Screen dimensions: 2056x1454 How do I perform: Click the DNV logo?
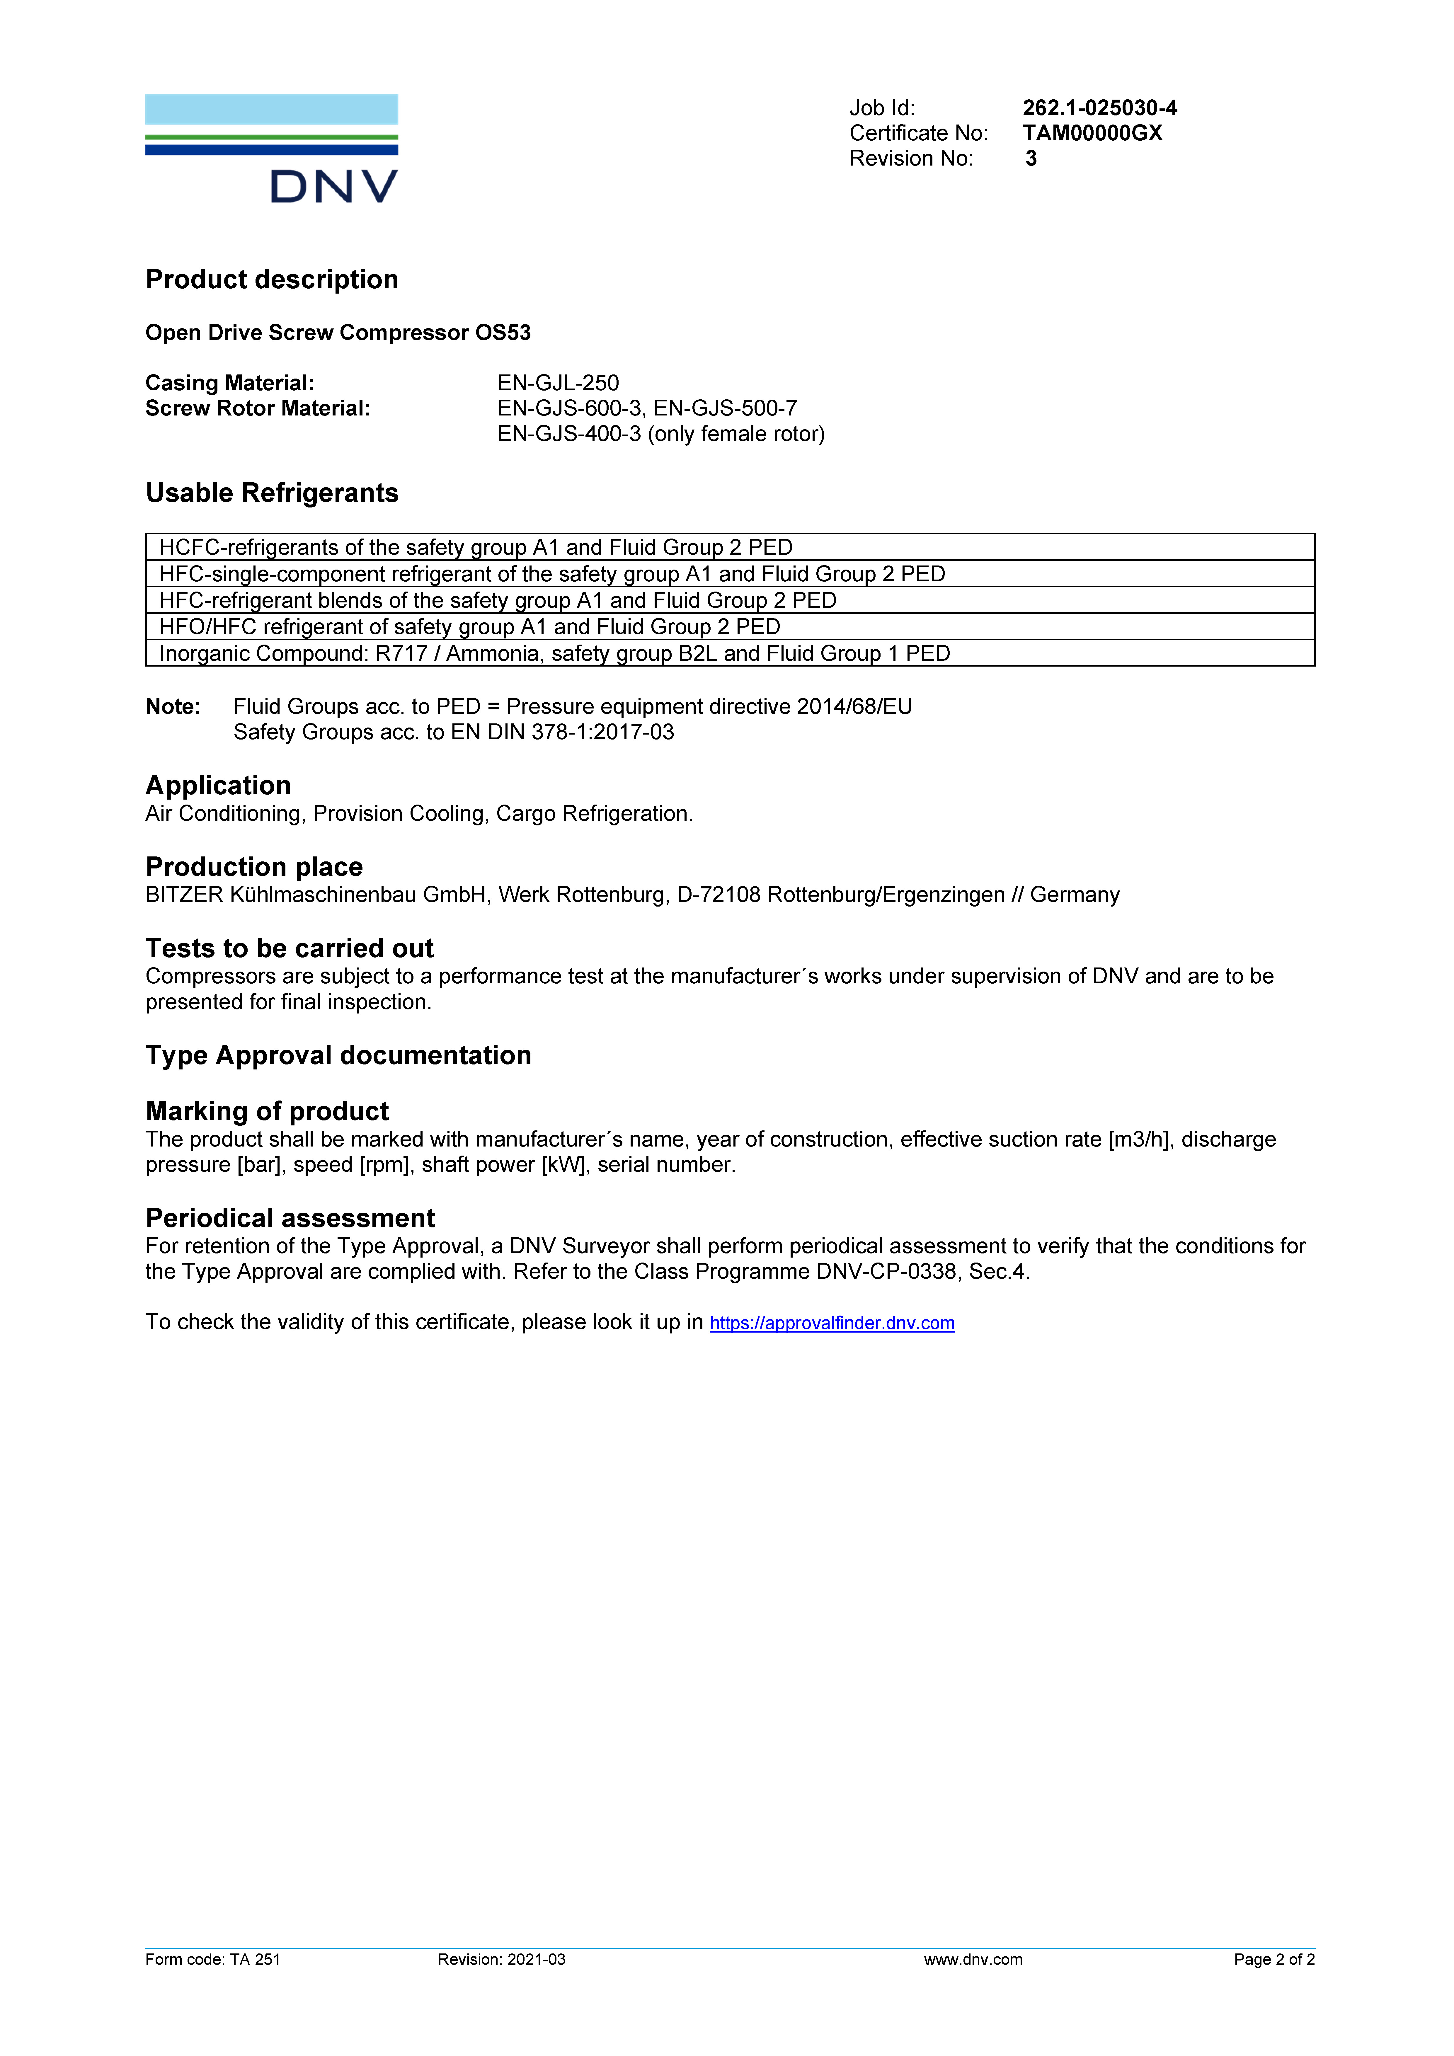point(271,149)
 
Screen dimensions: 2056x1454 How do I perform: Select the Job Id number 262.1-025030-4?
point(1099,108)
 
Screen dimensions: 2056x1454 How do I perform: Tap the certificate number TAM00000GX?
point(1092,133)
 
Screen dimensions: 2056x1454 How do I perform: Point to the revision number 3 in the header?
point(1031,159)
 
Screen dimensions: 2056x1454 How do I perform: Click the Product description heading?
point(271,280)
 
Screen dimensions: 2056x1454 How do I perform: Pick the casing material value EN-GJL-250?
point(558,383)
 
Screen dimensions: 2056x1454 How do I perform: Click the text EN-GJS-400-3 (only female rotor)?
point(661,434)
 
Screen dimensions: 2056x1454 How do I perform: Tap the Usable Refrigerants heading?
point(271,493)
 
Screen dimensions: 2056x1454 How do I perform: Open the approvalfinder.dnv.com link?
point(832,1323)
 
